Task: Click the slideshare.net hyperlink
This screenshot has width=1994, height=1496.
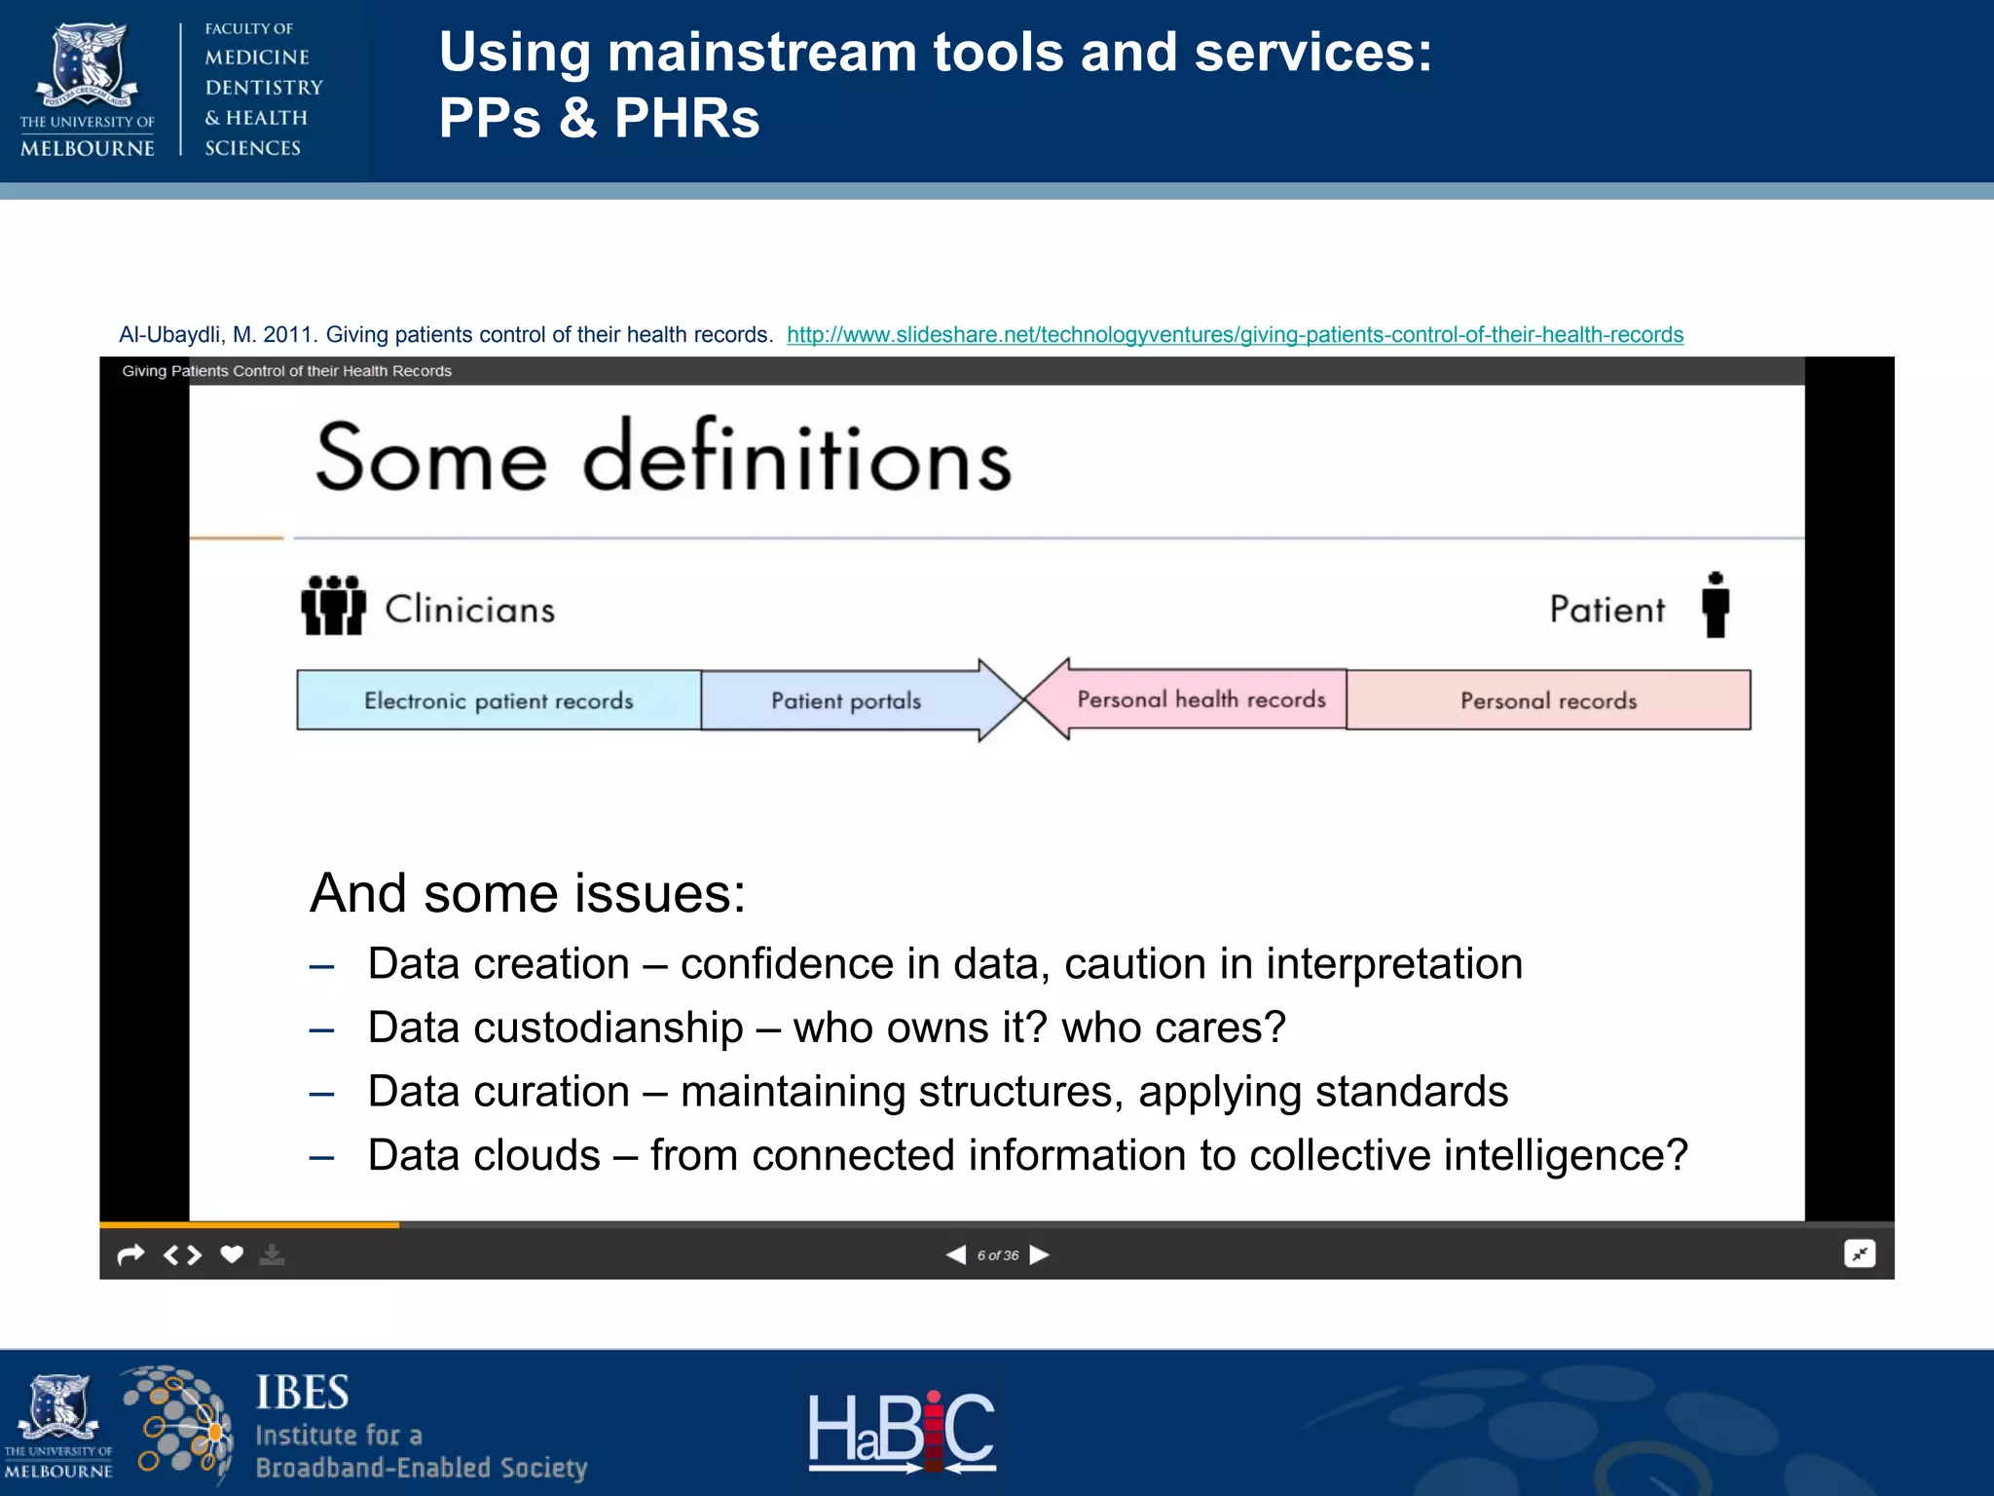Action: (1235, 335)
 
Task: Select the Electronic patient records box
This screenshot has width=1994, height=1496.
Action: (498, 700)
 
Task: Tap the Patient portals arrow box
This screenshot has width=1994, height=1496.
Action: (846, 700)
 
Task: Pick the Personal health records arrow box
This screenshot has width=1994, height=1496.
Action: (1200, 699)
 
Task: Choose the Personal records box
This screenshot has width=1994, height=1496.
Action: (1548, 700)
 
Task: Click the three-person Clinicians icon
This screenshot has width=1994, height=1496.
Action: (333, 605)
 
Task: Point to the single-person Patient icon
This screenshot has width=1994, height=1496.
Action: (1716, 605)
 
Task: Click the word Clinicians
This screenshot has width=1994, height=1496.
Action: (469, 610)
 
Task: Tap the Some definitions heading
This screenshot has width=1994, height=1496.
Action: (663, 458)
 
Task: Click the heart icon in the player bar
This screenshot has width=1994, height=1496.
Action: (232, 1254)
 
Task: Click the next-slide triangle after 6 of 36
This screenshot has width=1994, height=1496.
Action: (1040, 1254)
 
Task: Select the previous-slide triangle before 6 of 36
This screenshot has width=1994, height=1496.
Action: (956, 1254)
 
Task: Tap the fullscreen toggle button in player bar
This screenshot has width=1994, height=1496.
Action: (1860, 1254)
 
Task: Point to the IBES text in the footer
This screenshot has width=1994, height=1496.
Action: (302, 1394)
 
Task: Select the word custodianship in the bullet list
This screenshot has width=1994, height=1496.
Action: (609, 1028)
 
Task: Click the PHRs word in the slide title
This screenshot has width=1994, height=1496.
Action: (686, 119)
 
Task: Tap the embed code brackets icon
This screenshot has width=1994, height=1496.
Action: (182, 1254)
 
